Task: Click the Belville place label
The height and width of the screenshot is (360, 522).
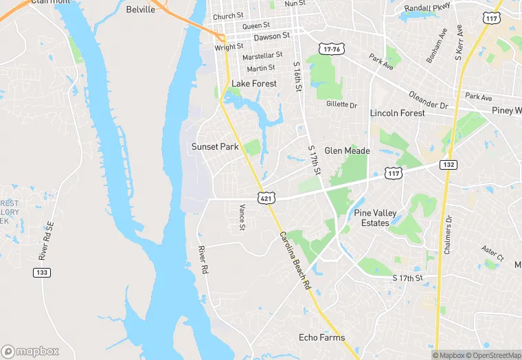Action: [x=141, y=10]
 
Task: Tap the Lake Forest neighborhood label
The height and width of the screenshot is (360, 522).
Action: [x=254, y=84]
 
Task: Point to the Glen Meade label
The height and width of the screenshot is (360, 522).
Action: [x=347, y=150]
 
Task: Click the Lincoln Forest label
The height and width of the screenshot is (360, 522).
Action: [x=398, y=113]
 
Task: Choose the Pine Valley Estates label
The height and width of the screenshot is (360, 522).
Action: [x=376, y=218]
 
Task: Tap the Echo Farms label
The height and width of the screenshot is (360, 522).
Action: [x=321, y=337]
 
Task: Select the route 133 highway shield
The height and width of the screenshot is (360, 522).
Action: [x=41, y=273]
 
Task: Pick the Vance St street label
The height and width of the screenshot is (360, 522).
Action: [x=242, y=218]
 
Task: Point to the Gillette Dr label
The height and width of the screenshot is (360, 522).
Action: [x=342, y=104]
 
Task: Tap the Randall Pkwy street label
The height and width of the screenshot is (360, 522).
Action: [x=426, y=8]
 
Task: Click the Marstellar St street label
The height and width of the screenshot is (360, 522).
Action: [x=262, y=55]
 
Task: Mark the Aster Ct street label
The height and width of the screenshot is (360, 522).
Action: [x=492, y=253]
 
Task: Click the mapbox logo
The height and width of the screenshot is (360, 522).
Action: [x=30, y=351]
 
